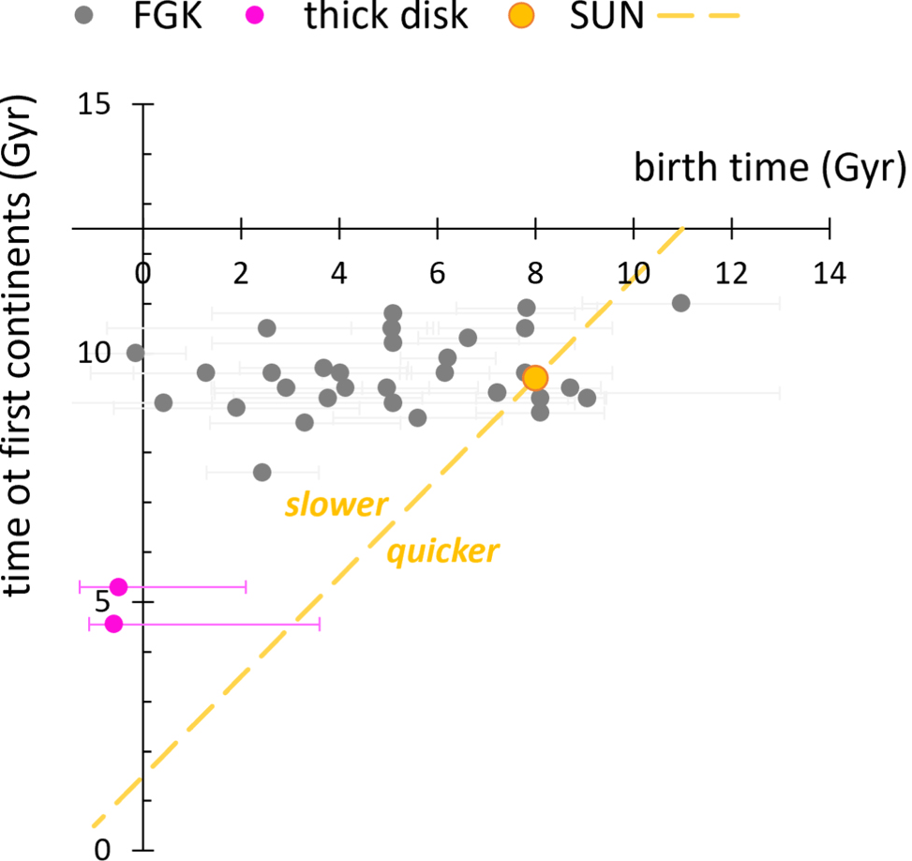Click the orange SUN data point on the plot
(535, 378)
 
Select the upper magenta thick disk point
(118, 587)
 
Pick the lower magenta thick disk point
(113, 624)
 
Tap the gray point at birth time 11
(681, 303)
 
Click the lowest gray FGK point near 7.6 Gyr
(262, 472)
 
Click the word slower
(336, 506)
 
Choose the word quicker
(442, 551)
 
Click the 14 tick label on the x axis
(830, 273)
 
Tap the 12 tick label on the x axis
(731, 273)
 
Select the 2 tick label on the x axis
(242, 273)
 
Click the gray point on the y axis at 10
(136, 353)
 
